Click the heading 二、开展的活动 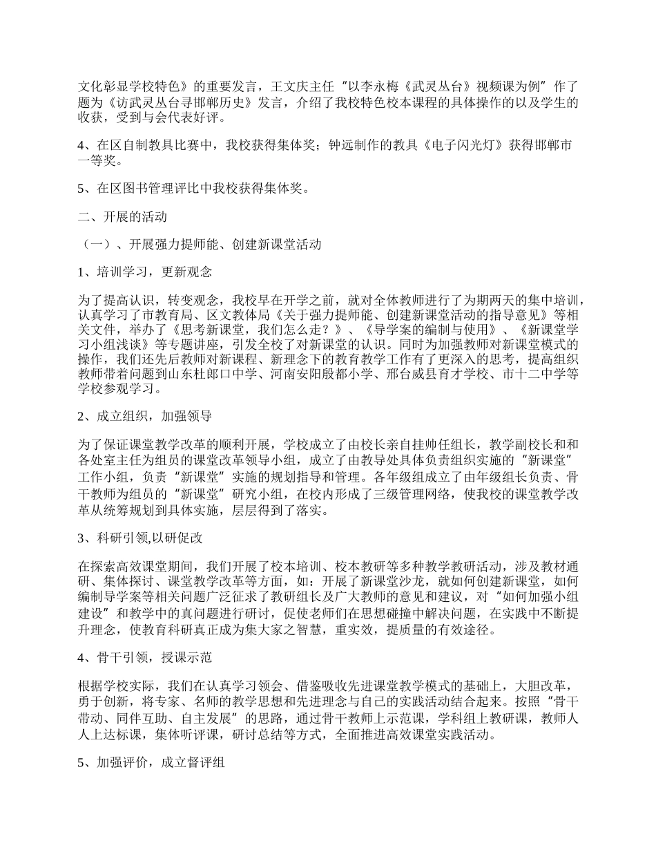click(x=122, y=216)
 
